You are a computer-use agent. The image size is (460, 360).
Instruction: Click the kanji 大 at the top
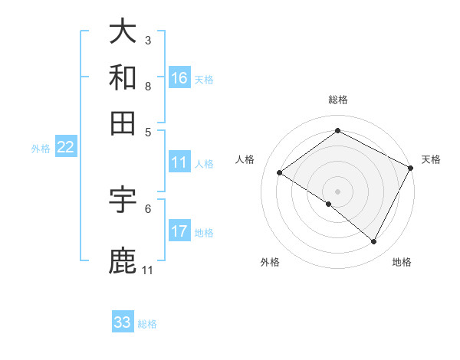pyautogui.click(x=123, y=31)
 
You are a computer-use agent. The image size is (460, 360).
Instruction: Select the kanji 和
pyautogui.click(x=123, y=77)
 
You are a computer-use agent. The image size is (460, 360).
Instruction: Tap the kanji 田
pyautogui.click(x=123, y=123)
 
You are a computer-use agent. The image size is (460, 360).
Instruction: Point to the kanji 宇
pyautogui.click(x=123, y=200)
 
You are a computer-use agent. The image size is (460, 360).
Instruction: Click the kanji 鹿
pyautogui.click(x=123, y=261)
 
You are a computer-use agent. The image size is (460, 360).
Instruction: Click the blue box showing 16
pyautogui.click(x=179, y=78)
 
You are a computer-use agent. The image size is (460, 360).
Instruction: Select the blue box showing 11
pyautogui.click(x=179, y=162)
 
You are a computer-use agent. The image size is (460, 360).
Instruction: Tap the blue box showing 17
pyautogui.click(x=179, y=231)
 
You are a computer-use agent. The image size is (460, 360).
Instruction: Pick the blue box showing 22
pyautogui.click(x=65, y=147)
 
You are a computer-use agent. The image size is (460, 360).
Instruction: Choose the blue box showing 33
pyautogui.click(x=123, y=322)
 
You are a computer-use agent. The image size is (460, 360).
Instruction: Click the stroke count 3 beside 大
pyautogui.click(x=147, y=40)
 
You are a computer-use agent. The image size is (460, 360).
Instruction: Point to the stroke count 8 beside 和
pyautogui.click(x=147, y=86)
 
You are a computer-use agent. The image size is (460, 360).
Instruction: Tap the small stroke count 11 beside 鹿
pyautogui.click(x=147, y=270)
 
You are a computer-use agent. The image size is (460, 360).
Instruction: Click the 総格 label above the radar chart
pyautogui.click(x=337, y=100)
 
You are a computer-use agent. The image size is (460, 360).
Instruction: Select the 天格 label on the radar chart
pyautogui.click(x=431, y=160)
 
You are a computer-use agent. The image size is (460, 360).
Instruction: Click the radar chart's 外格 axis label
pyautogui.click(x=270, y=262)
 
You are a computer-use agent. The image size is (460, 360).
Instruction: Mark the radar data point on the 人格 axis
pyautogui.click(x=280, y=173)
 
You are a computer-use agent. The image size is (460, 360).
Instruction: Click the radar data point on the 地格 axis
pyautogui.click(x=374, y=242)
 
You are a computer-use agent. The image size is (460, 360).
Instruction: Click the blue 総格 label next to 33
pyautogui.click(x=147, y=324)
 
